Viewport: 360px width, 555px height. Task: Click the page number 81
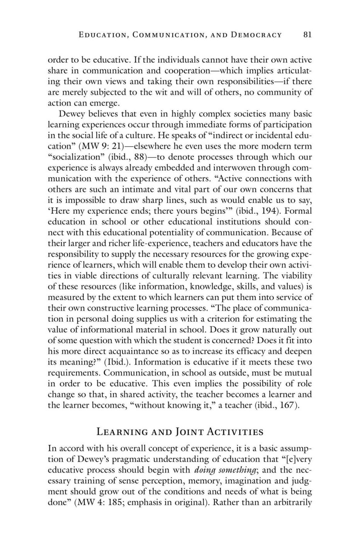(x=307, y=35)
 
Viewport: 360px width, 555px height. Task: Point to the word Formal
(x=298, y=211)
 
